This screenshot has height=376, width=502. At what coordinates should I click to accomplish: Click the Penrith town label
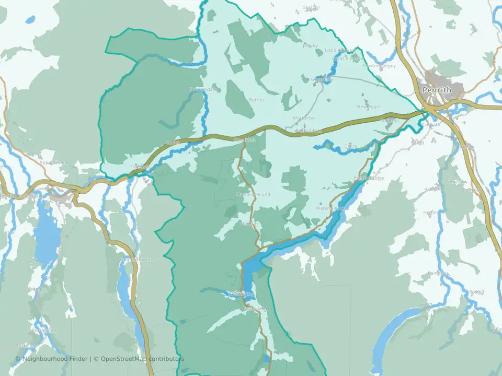[x=437, y=90]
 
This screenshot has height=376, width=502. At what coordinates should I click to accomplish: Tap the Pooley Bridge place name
[x=369, y=178]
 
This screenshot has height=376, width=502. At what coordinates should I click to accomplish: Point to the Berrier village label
[x=257, y=100]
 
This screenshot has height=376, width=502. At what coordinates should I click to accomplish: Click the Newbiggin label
[x=369, y=107]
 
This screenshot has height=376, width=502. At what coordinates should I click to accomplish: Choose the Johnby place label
[x=310, y=45]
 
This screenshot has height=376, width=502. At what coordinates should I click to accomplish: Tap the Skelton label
[x=311, y=8]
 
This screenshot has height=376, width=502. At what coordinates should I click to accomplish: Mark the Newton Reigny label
[x=379, y=66]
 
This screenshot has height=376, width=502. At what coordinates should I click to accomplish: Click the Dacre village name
[x=350, y=146]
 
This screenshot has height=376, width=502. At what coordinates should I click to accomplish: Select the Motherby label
[x=304, y=118]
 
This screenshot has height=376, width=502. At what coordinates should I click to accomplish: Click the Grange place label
[x=36, y=289]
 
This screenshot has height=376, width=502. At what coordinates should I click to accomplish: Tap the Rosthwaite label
[x=43, y=330]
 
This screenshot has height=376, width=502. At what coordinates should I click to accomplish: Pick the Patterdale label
[x=254, y=309]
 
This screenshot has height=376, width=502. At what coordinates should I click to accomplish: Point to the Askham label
[x=432, y=189]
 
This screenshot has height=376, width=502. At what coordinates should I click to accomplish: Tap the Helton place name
[x=430, y=213]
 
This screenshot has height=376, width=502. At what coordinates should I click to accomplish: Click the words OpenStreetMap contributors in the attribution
[x=142, y=359]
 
